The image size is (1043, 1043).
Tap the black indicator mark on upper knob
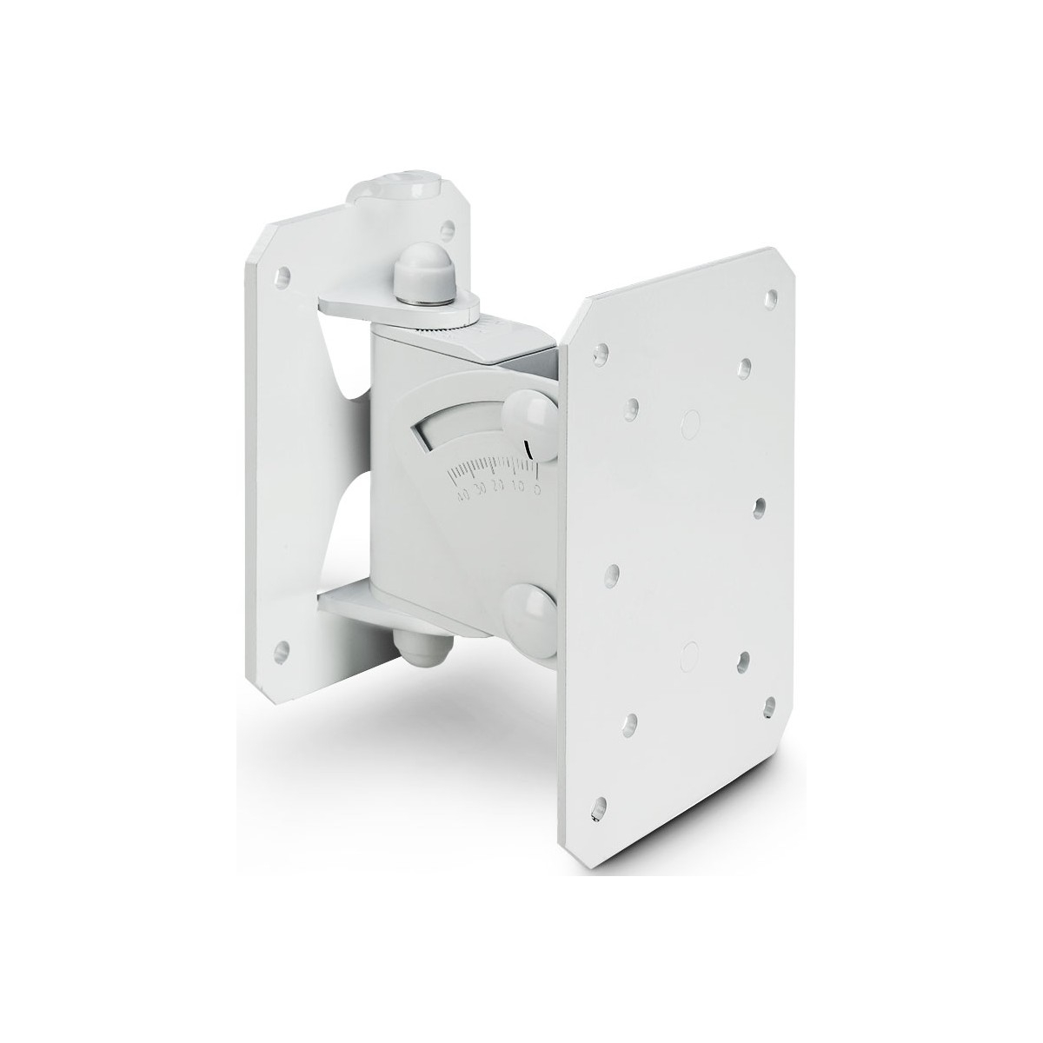tap(528, 448)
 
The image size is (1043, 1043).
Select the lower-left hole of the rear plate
tap(279, 648)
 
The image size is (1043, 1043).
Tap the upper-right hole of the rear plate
tap(446, 230)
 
